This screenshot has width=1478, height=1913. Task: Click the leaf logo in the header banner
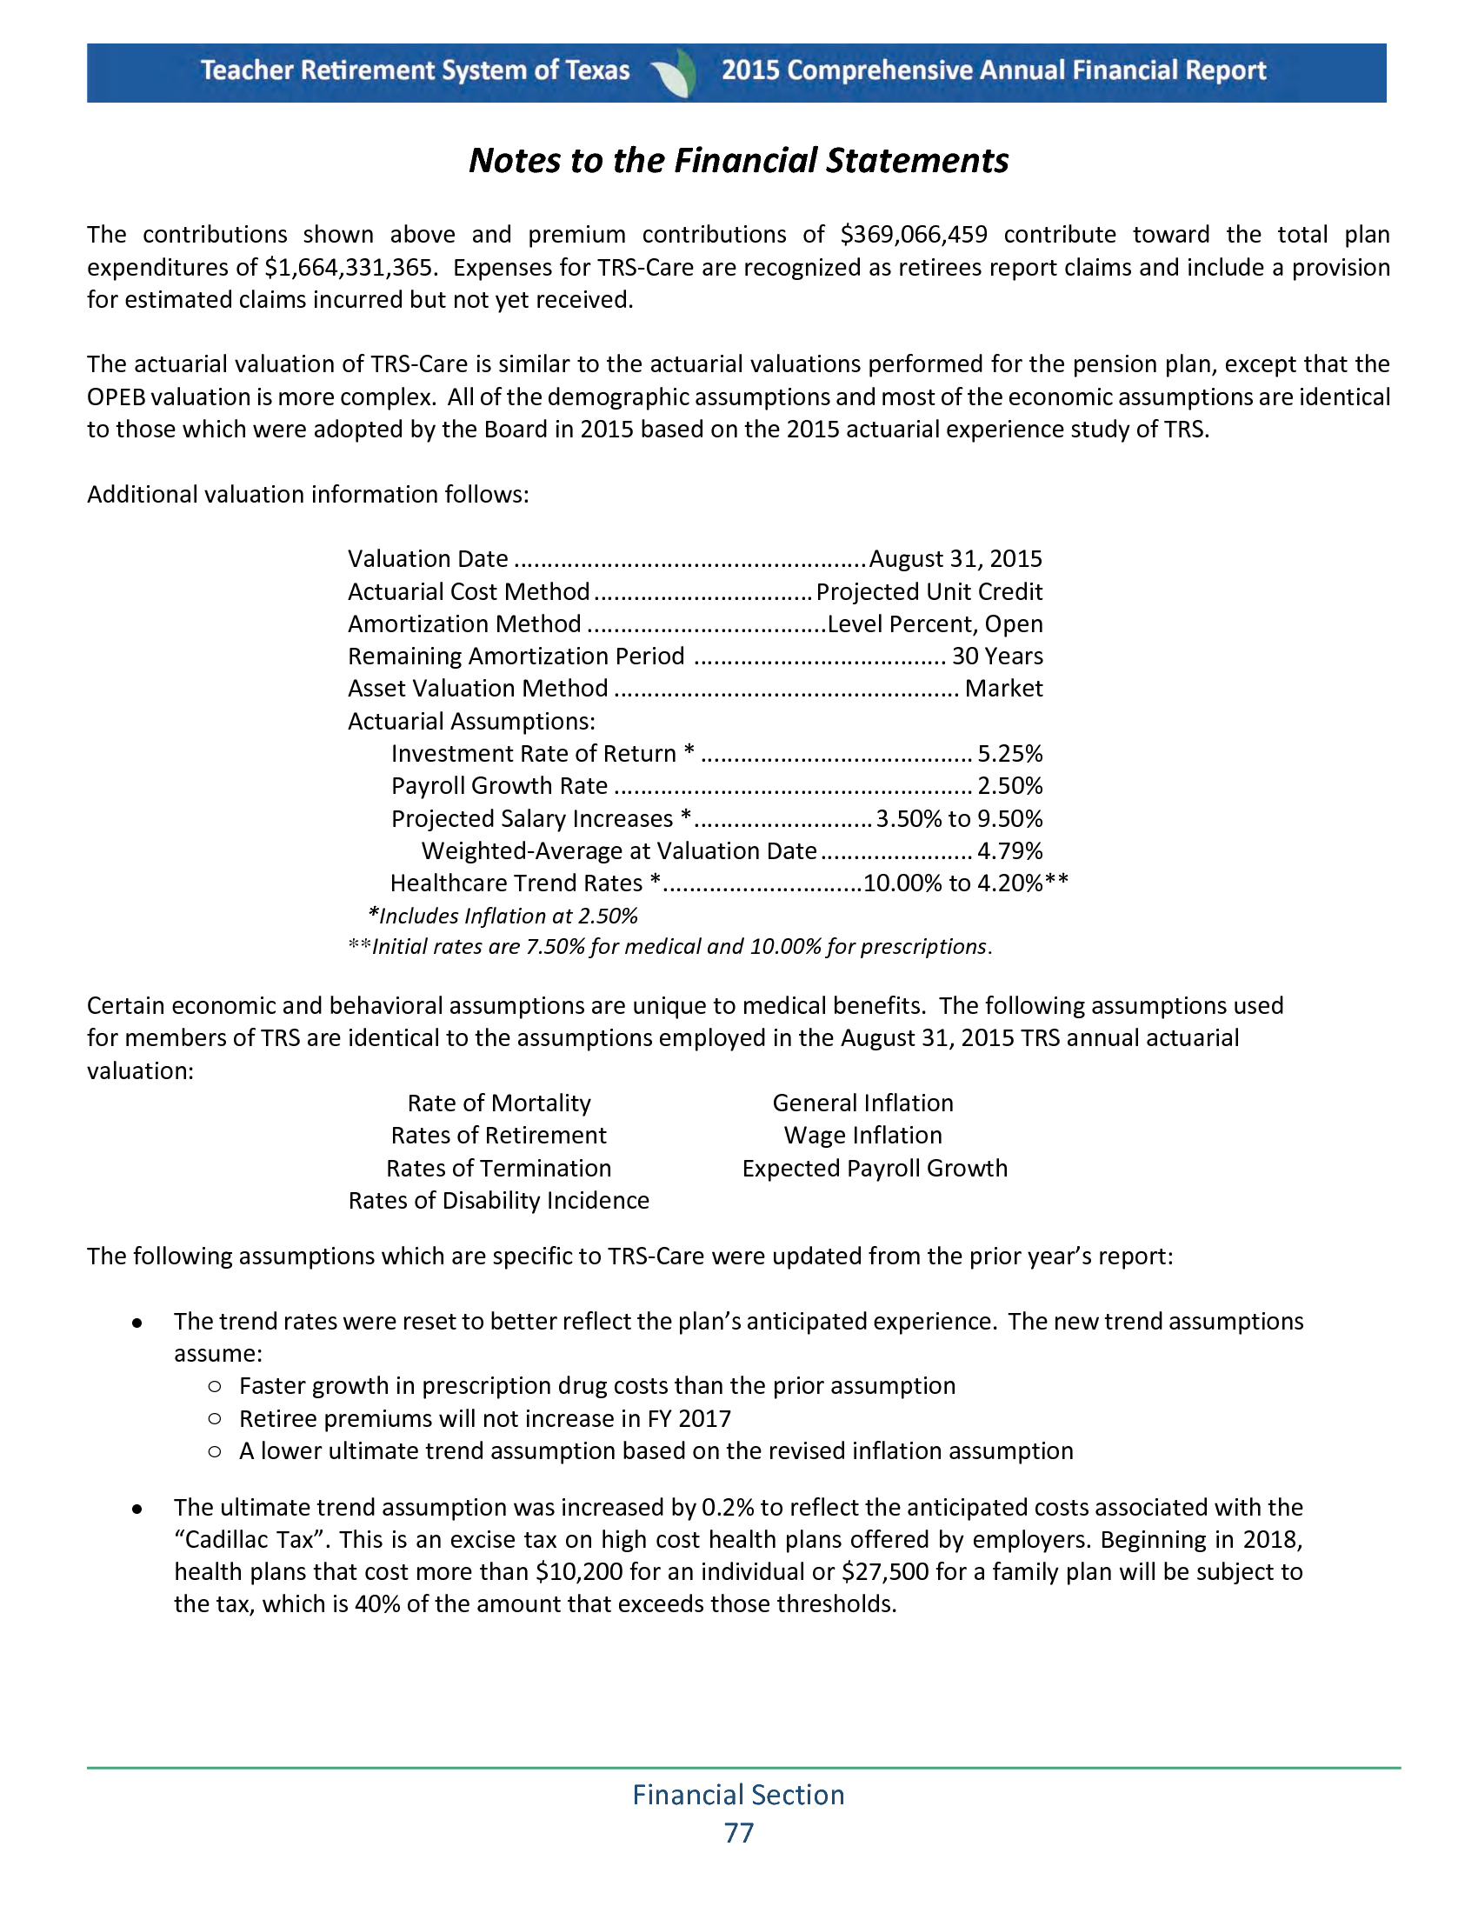[675, 73]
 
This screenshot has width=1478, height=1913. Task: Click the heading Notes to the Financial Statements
[738, 161]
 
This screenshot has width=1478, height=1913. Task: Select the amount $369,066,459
[913, 235]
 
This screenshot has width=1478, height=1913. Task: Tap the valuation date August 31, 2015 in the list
[955, 559]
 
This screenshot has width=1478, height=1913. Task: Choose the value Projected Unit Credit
[929, 592]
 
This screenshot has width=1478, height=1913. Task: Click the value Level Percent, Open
[935, 623]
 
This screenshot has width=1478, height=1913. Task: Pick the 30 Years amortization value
[997, 656]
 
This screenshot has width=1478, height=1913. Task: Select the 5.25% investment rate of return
[1009, 753]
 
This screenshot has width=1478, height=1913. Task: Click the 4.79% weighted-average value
[1009, 850]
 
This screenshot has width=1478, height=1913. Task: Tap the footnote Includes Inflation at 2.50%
[503, 917]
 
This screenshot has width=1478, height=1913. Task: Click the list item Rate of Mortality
[499, 1103]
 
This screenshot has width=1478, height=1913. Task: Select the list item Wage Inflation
[863, 1135]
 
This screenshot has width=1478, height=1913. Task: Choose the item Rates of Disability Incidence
[499, 1200]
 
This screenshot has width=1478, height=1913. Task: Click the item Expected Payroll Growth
[875, 1169]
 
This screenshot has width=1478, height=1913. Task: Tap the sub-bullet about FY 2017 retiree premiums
[484, 1418]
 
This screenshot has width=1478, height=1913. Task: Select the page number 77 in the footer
[739, 1832]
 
